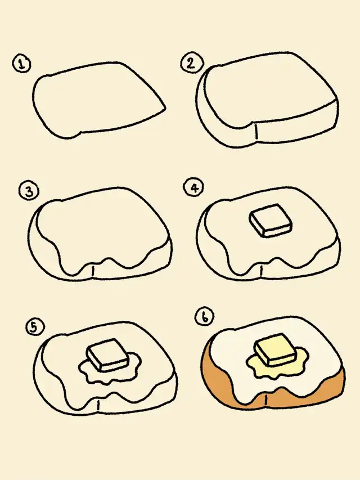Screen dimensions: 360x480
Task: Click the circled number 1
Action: pyautogui.click(x=21, y=64)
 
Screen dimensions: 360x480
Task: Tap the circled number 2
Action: pyautogui.click(x=191, y=63)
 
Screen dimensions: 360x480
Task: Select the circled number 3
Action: pyautogui.click(x=29, y=191)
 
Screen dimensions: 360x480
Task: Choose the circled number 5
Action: pyautogui.click(x=35, y=328)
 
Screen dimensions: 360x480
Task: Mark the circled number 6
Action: pyautogui.click(x=205, y=317)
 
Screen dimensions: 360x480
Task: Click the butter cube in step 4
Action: pyautogui.click(x=271, y=221)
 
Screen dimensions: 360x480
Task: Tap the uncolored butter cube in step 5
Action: pyautogui.click(x=107, y=355)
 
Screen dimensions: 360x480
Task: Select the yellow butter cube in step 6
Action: pyautogui.click(x=276, y=349)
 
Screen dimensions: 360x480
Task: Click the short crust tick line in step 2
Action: pyautogui.click(x=255, y=132)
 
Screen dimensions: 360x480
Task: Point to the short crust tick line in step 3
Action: pyautogui.click(x=93, y=271)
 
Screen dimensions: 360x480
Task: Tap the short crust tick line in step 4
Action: pyautogui.click(x=261, y=271)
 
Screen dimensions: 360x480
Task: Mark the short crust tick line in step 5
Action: pyautogui.click(x=98, y=405)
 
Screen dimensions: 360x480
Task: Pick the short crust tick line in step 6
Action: pyautogui.click(x=265, y=400)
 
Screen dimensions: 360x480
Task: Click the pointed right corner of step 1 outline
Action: pyautogui.click(x=165, y=108)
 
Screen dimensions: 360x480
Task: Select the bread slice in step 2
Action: pyautogui.click(x=267, y=100)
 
